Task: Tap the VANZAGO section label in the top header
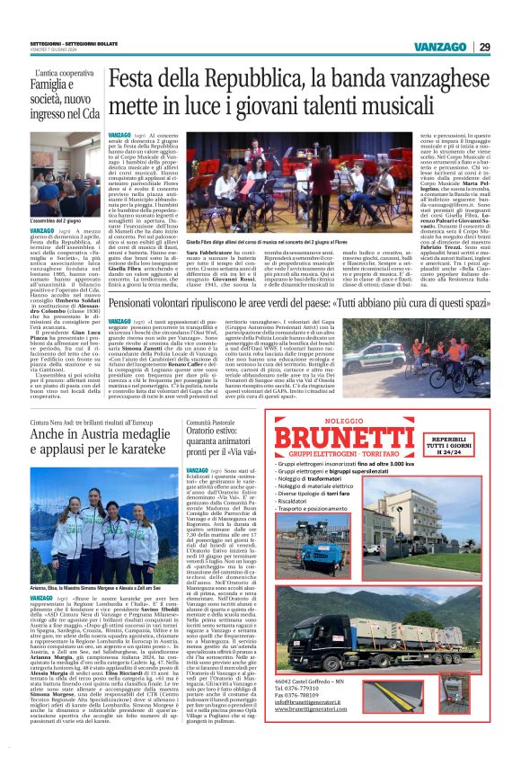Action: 441,46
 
